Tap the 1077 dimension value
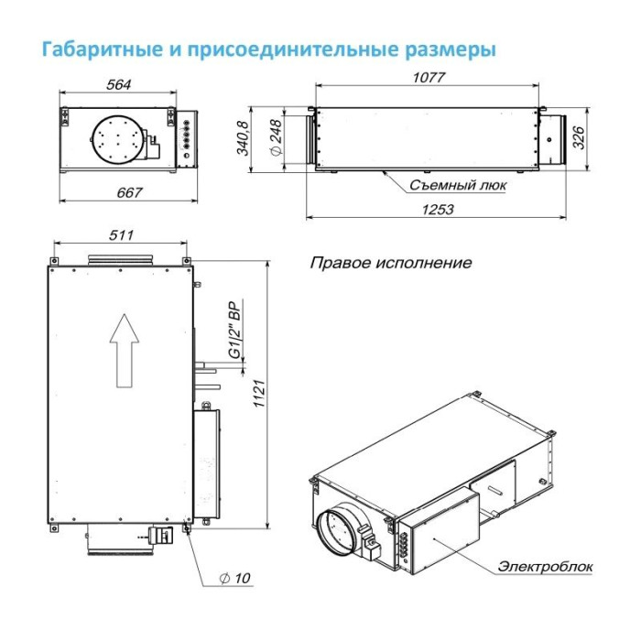pyautogui.click(x=428, y=78)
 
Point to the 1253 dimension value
pyautogui.click(x=438, y=209)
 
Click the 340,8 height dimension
pyautogui.click(x=243, y=138)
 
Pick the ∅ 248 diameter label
pyautogui.click(x=274, y=139)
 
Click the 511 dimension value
pyautogui.click(x=121, y=235)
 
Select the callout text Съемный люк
pyautogui.click(x=458, y=184)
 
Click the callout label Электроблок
pyautogui.click(x=546, y=567)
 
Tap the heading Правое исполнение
pyautogui.click(x=391, y=263)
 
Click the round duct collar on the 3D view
pyautogui.click(x=337, y=531)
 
